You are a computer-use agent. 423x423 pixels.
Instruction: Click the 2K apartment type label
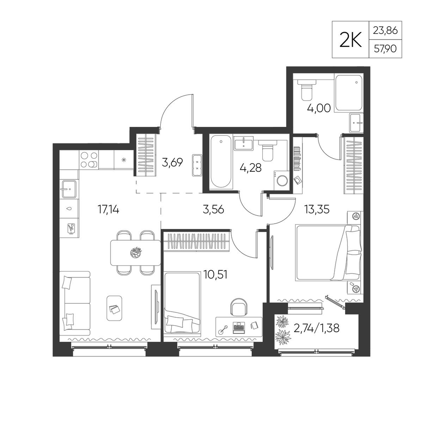[x=350, y=39]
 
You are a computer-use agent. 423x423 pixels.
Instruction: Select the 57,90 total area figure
[x=385, y=49]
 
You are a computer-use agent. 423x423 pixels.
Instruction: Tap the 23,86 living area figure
[x=385, y=30]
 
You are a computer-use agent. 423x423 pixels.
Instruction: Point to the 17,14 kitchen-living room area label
[x=108, y=209]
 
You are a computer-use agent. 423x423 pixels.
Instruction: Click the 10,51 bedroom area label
[x=216, y=275]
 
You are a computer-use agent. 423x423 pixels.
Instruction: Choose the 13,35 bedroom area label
[x=317, y=209]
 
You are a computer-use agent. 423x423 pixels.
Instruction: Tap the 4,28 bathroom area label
[x=250, y=168]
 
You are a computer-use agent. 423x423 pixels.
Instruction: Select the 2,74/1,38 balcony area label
[x=316, y=328]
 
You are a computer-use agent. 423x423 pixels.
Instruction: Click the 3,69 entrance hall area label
[x=173, y=162]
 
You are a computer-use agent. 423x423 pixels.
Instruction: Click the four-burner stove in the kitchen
[x=89, y=160]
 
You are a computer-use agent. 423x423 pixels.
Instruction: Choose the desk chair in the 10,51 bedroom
[x=238, y=307]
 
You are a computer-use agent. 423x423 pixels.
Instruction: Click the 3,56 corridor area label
[x=213, y=209]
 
